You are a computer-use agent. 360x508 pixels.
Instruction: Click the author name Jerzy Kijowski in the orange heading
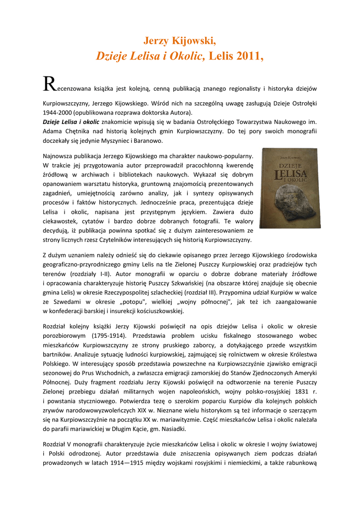(x=180, y=41)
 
